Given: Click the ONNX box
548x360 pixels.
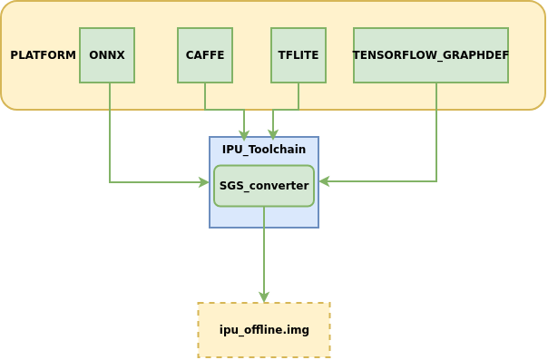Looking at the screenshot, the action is pos(107,55).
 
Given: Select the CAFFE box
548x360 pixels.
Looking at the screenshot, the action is pos(205,55).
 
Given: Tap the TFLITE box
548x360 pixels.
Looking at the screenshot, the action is pos(298,55).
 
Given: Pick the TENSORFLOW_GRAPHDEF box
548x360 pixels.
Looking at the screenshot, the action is pos(431,55).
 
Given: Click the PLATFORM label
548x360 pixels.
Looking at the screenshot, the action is pos(43,55).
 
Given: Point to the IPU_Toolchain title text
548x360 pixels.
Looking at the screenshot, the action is pos(264,150).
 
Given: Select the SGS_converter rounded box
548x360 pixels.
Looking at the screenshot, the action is pos(264,186).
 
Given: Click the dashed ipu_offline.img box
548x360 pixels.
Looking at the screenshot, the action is pos(264,330).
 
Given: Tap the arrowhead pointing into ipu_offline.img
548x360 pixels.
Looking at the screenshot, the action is pos(264,297).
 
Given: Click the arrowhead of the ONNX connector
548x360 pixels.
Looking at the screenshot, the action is pos(204,182).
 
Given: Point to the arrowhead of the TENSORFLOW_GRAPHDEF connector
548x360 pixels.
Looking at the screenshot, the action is pos(324,181).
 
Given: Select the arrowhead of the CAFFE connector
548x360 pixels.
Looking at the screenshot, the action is pos(244,136).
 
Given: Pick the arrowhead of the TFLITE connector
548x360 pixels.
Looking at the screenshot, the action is pos(273,135).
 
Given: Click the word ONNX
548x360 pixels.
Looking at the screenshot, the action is pos(107,55).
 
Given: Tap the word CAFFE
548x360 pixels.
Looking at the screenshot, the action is pos(205,55).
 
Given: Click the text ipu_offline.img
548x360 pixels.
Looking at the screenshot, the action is pos(264,330).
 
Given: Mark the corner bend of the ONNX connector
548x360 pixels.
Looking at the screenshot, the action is pos(110,182).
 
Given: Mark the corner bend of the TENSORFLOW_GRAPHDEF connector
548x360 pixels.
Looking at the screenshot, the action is pos(436,181).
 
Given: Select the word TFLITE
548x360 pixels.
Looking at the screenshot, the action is pos(298,55).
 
